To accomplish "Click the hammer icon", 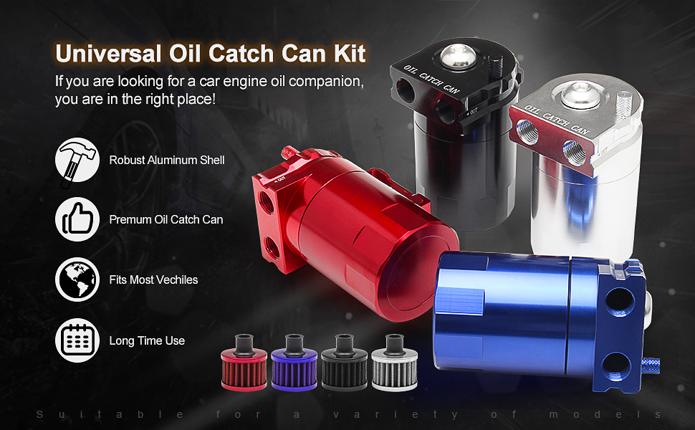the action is click(77, 161).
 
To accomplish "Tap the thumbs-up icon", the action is click(77, 219).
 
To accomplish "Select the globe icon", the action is click(77, 279).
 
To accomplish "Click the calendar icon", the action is click(77, 340).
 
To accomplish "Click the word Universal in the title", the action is click(108, 54).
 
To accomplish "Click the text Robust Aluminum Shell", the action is click(167, 160).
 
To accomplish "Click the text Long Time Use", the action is click(147, 340).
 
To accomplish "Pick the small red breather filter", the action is click(244, 362).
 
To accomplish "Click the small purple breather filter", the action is click(294, 362).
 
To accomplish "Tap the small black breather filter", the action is click(345, 362).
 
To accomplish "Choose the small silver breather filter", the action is click(395, 362).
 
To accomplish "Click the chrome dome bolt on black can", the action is click(459, 57).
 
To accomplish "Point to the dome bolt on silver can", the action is click(580, 95).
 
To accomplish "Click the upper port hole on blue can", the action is click(620, 302).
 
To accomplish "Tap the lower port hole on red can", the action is click(272, 247).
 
